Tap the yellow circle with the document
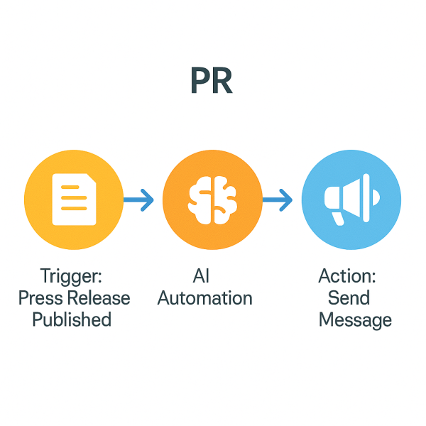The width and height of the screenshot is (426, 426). click(74, 201)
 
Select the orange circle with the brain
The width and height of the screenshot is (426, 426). click(212, 201)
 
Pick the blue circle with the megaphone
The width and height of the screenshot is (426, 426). click(351, 201)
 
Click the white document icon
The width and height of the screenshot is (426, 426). click(74, 200)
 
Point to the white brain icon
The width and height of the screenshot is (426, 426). click(212, 200)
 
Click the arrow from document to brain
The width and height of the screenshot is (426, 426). click(139, 201)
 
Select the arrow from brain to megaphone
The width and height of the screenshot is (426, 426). click(278, 201)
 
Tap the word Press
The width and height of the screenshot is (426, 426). click(41, 297)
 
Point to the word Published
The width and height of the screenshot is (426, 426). click(72, 319)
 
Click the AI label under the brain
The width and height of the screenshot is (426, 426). click(202, 275)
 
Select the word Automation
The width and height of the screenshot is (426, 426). click(204, 297)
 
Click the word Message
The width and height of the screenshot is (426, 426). click(355, 320)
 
